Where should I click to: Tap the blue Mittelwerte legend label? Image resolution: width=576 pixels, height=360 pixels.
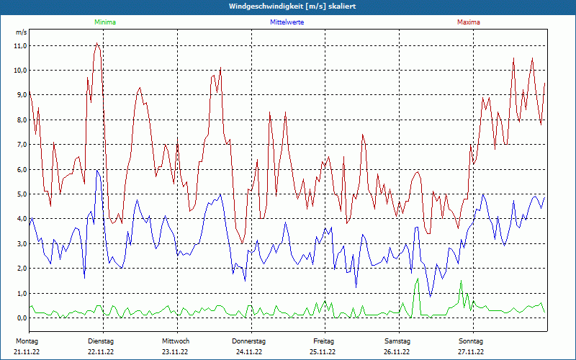(287, 22)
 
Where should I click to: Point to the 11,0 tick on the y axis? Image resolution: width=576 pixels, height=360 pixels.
(20, 45)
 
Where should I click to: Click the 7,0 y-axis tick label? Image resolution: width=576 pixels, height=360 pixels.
(20, 145)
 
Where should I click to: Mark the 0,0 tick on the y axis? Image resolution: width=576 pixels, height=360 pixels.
(20, 318)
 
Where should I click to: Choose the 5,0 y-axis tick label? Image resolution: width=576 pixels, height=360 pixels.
(20, 194)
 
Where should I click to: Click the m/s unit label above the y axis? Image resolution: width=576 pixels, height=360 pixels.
(21, 32)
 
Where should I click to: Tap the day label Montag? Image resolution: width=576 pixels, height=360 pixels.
(26, 341)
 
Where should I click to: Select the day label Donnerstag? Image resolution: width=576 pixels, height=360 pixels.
(249, 341)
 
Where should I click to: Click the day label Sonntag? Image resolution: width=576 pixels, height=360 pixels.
(470, 341)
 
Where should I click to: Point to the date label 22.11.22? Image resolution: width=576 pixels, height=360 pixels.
(101, 352)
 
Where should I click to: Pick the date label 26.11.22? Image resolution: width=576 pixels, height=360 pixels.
(397, 352)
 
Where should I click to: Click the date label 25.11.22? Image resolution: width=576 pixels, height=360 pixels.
(323, 352)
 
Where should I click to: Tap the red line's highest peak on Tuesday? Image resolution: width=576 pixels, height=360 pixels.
(96, 44)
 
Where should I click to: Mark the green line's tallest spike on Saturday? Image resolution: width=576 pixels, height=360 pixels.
(418, 279)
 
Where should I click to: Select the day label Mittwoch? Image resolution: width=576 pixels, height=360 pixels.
(176, 341)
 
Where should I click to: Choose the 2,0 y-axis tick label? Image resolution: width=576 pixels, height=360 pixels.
(20, 269)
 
